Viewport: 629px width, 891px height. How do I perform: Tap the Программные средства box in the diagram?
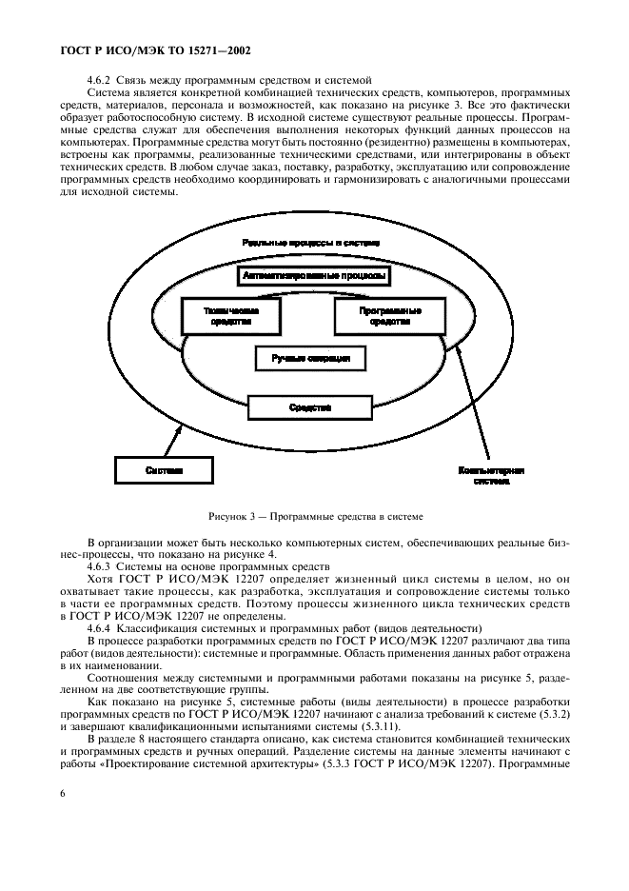click(x=389, y=316)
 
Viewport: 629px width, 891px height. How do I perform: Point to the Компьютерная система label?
click(x=491, y=476)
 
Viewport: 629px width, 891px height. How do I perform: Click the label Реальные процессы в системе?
click(x=311, y=244)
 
